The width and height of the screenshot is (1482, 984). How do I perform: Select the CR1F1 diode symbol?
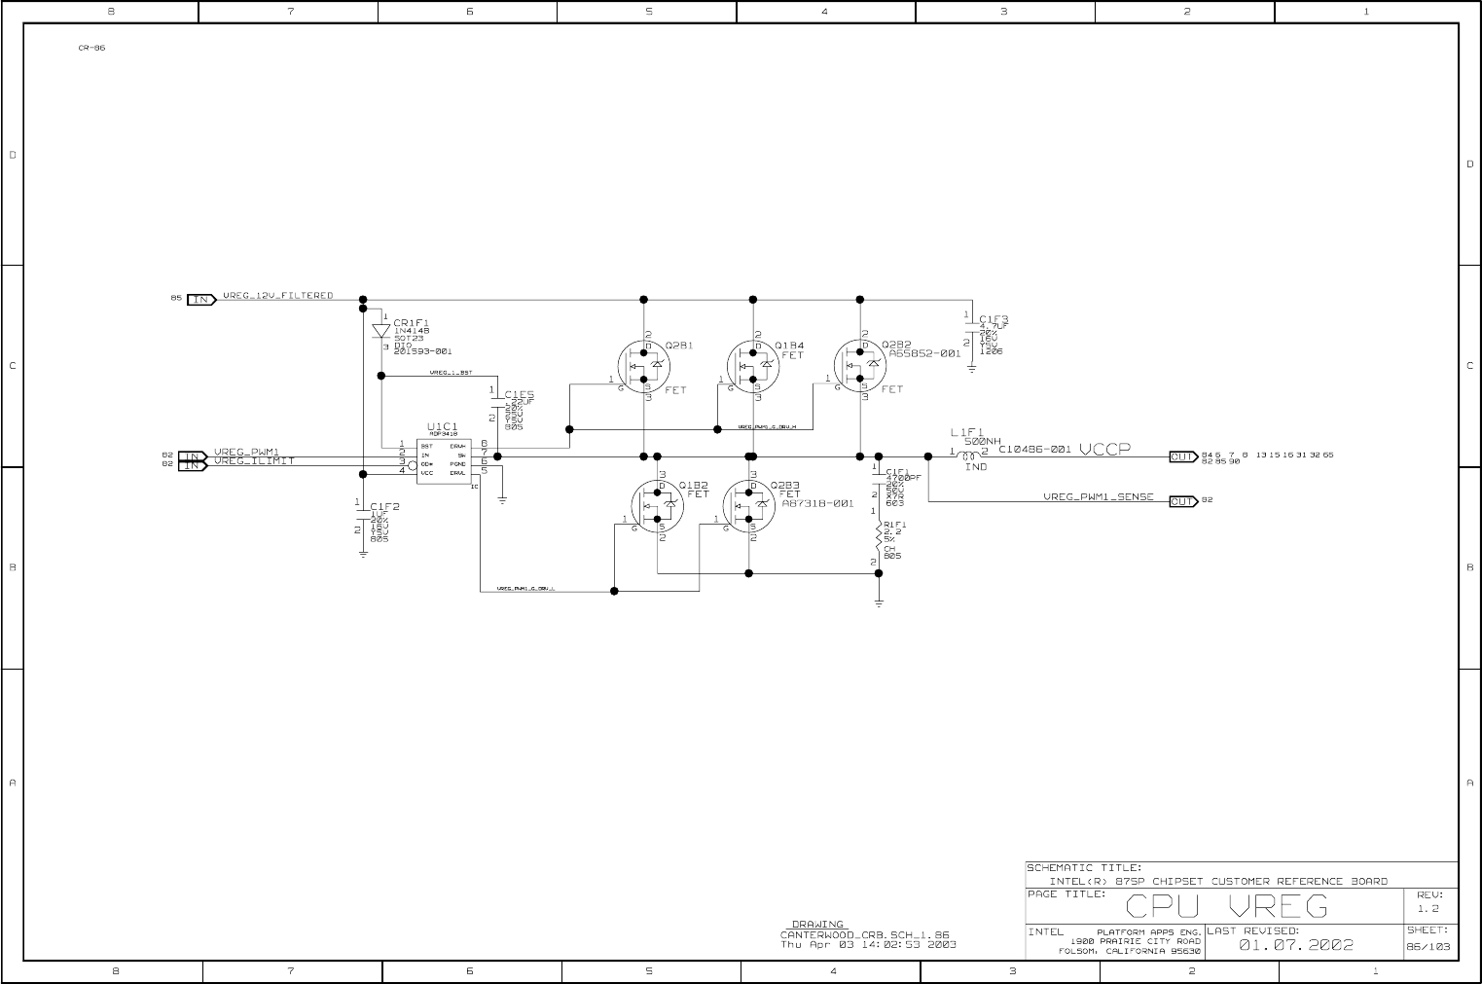(380, 330)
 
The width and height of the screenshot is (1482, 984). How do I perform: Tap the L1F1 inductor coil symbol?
(968, 454)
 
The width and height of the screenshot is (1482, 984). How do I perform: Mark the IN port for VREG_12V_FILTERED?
(201, 299)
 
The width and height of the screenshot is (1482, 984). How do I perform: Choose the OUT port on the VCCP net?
(1182, 456)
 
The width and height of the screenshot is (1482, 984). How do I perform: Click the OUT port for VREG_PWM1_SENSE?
(1182, 501)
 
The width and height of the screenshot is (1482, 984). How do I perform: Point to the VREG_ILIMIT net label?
(254, 461)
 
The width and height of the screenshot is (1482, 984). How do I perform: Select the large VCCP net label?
(1104, 449)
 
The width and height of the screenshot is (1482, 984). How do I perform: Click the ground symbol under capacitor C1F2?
(363, 553)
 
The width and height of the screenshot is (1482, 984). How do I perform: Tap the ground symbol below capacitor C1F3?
(972, 370)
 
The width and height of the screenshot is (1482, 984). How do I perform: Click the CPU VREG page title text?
(1226, 907)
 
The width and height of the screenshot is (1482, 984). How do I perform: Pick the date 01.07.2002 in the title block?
(1295, 944)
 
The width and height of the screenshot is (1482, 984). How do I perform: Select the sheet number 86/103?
(1428, 946)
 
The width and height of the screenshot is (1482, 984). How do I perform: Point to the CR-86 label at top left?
(91, 48)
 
